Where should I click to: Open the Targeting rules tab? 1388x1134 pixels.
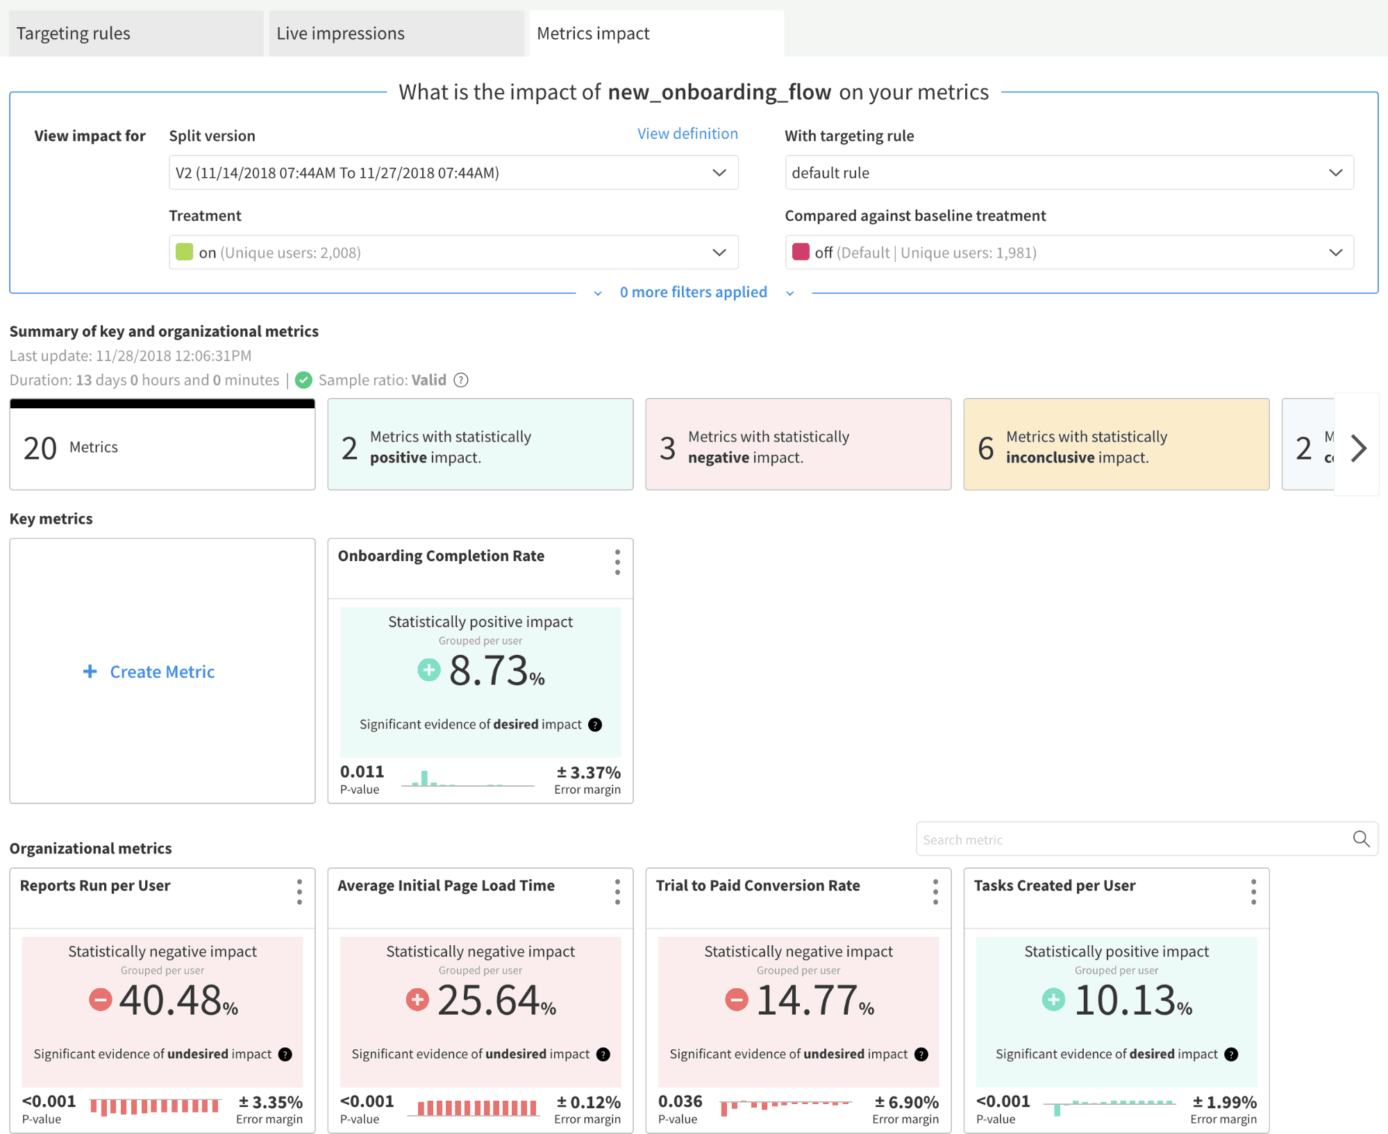(136, 33)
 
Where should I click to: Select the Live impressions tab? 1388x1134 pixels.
(396, 33)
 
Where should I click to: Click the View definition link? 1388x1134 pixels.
(687, 133)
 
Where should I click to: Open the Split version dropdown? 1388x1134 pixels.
(453, 173)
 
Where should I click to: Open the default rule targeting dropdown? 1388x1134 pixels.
(1069, 173)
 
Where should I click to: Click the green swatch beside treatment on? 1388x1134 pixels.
(184, 252)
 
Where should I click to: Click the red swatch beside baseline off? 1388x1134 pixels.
(801, 252)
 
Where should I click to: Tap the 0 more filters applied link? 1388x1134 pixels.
(693, 292)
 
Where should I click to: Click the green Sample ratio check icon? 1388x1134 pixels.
(303, 380)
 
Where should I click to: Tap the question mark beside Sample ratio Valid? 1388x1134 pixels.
(461, 380)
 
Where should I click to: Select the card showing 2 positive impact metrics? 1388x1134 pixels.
(480, 444)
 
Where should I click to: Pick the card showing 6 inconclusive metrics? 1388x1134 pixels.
(1116, 444)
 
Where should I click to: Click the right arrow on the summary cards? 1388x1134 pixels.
(1358, 448)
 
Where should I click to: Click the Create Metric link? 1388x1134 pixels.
(162, 672)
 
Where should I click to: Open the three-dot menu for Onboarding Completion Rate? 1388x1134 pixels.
(617, 562)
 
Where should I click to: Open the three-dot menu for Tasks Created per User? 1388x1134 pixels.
(1253, 892)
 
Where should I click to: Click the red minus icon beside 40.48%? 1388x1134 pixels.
(101, 1000)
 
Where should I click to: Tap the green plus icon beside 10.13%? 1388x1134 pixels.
(1053, 1000)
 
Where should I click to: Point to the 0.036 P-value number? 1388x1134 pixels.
(680, 1101)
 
